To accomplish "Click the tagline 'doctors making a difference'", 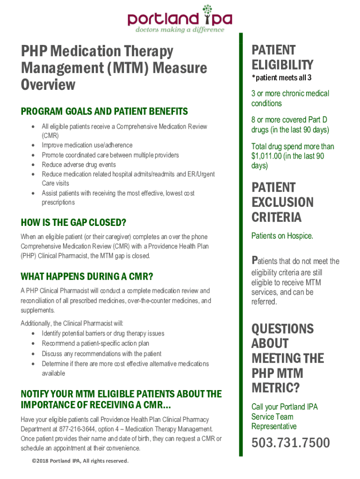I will pos(180,29).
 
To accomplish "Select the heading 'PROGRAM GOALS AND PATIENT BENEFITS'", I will pos(104,111).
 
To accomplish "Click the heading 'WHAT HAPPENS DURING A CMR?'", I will pos(87,276).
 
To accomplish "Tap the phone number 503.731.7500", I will pos(290,442).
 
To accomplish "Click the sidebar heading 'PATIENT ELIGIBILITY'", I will pos(282,57).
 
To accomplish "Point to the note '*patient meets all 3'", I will pos(281,77).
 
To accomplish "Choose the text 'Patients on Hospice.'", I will pos(282,236).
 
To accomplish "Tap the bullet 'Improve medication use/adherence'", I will pos(87,145).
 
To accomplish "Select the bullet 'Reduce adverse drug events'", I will pos(79,165).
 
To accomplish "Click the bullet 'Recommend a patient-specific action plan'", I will pos(95,344).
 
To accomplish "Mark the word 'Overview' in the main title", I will pos(48,85).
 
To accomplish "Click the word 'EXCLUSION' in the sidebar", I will pos(282,203).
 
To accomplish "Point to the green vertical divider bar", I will pos(241,243).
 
